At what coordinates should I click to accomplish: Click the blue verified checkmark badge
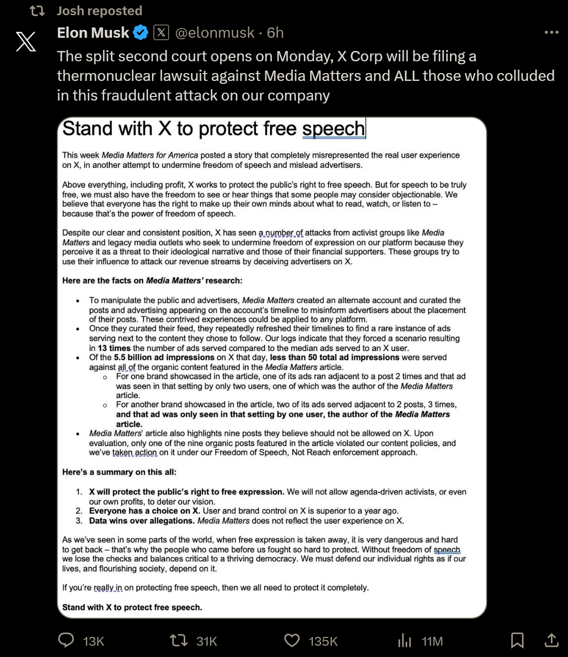(141, 33)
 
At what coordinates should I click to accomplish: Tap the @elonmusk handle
(215, 33)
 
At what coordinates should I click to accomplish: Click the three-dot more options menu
(551, 32)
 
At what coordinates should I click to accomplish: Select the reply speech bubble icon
(66, 640)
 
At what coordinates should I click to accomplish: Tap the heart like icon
(292, 640)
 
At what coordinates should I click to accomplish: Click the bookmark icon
(517, 640)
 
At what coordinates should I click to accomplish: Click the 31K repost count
(206, 641)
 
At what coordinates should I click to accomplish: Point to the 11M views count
(432, 641)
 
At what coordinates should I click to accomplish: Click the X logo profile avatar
(26, 41)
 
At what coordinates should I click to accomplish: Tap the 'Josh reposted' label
(99, 11)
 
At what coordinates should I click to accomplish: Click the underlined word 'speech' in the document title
(333, 129)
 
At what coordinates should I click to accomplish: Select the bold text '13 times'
(114, 348)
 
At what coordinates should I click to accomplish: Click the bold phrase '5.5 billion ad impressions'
(164, 357)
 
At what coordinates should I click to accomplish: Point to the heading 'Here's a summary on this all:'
(119, 472)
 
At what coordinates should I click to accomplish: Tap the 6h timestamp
(275, 33)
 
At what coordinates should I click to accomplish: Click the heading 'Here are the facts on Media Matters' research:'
(152, 280)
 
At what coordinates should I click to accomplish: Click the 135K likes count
(323, 641)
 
